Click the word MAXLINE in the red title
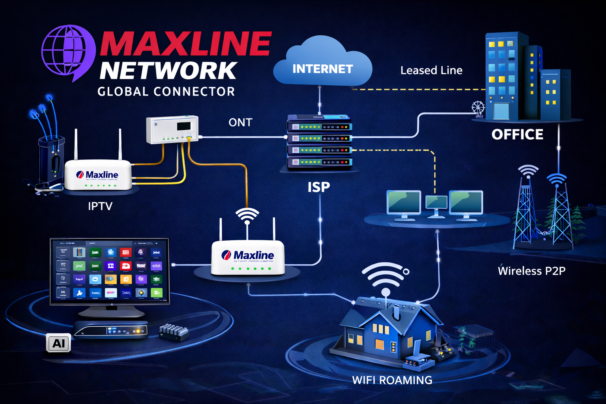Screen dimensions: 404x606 (185, 43)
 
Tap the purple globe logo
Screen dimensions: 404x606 (68, 52)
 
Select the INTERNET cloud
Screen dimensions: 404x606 (322, 63)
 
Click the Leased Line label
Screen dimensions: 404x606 (431, 71)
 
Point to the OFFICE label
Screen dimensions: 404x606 (517, 135)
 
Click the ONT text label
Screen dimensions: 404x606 (240, 123)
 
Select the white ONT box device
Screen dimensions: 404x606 (172, 129)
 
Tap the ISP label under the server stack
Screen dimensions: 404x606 (318, 187)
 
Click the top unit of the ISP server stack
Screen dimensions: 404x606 (319, 127)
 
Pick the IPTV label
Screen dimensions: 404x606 (100, 206)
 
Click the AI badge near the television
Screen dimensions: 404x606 (58, 343)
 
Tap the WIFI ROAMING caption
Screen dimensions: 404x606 (392, 380)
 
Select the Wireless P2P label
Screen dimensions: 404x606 (531, 271)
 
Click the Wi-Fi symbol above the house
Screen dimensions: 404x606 (385, 276)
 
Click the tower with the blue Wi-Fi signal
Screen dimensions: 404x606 (559, 213)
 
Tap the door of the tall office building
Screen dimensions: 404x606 (501, 111)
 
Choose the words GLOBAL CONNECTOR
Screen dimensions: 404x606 (166, 92)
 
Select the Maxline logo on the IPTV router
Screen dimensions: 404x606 (97, 175)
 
